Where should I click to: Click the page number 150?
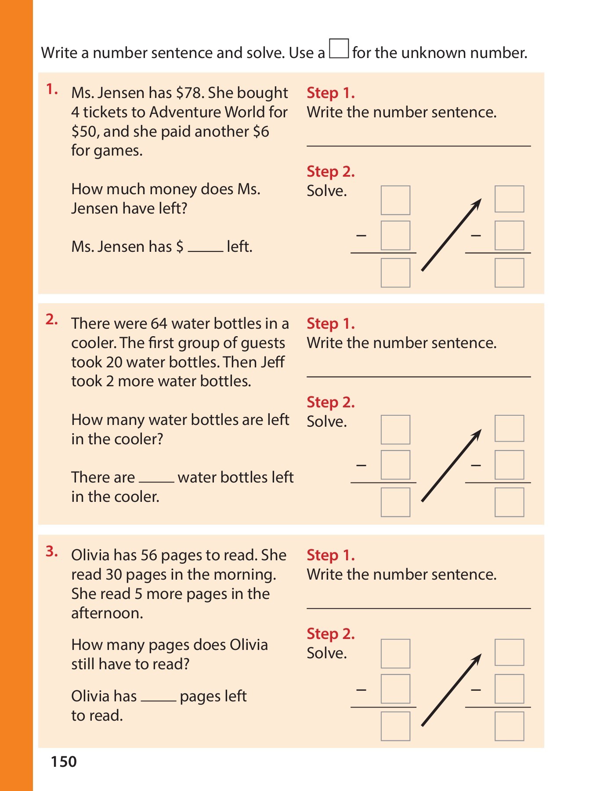tap(64, 762)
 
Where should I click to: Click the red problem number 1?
tap(51, 90)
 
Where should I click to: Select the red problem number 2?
tap(51, 320)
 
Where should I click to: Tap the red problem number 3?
tap(51, 552)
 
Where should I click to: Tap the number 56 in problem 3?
tap(149, 555)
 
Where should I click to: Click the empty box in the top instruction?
tap(339, 49)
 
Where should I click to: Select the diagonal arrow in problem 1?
tap(451, 235)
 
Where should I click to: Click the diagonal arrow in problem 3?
tap(451, 690)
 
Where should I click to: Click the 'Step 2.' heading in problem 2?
tap(330, 402)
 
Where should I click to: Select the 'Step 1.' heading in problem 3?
tap(330, 555)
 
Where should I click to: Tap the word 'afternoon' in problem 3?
tap(107, 613)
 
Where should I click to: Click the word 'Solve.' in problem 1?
tap(327, 191)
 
